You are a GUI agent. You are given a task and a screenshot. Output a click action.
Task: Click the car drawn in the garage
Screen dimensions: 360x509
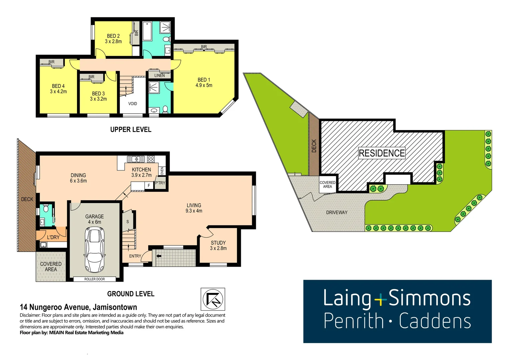coord(95,249)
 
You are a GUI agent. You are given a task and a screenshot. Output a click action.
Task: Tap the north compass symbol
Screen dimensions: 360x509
coord(213,299)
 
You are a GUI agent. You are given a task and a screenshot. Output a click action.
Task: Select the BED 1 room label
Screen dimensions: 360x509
coord(204,80)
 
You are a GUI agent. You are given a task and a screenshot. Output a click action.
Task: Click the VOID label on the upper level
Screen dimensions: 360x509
coord(133,104)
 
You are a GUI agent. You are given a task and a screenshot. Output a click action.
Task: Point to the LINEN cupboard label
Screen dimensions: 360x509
coord(160,76)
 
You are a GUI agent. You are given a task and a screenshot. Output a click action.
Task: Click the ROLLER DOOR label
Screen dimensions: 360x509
coord(95,279)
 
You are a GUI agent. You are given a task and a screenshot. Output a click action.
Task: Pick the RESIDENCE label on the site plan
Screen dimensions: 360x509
coord(382,153)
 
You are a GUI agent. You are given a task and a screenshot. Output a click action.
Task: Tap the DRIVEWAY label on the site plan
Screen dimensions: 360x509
coord(337,212)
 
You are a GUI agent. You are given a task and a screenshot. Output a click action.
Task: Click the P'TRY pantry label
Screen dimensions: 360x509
coord(160,183)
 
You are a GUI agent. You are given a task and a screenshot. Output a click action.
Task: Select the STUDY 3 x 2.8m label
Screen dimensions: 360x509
coord(218,246)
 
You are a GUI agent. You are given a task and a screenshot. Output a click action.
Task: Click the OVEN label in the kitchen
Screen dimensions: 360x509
coord(162,171)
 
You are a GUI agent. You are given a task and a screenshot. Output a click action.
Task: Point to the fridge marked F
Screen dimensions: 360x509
coord(149,185)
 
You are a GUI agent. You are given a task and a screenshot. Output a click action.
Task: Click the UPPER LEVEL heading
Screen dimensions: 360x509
coord(131,130)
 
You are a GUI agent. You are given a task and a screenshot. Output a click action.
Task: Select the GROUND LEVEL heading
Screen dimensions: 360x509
coord(131,294)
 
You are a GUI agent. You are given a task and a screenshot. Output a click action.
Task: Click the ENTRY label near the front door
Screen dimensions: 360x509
coord(135,256)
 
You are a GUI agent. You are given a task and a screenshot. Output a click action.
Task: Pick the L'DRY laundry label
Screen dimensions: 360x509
coord(53,237)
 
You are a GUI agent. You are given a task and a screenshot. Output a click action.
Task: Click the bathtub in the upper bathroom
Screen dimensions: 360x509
coord(147,31)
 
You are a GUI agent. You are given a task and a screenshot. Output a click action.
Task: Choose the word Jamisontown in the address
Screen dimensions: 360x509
coord(115,307)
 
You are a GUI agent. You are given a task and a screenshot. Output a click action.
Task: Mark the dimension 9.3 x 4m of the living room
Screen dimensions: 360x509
coord(194,211)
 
